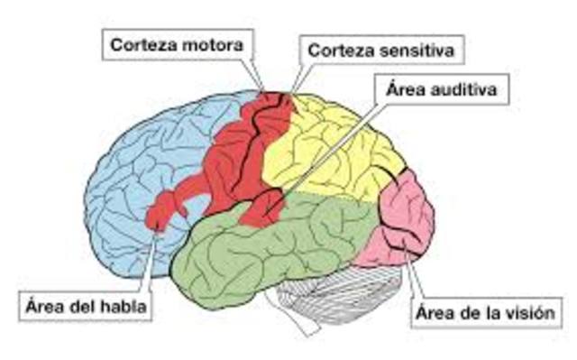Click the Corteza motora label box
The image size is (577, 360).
(177, 42)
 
